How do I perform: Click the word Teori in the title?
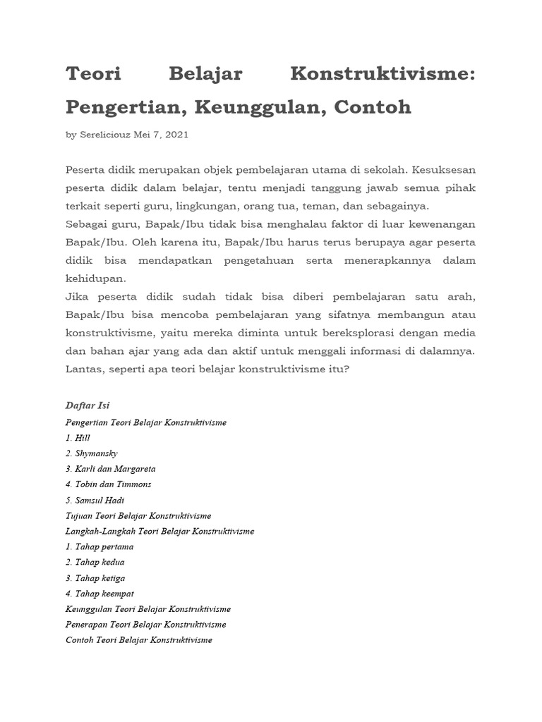93,75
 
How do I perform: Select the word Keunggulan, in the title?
253,108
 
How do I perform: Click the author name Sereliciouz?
104,135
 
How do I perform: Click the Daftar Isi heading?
88,405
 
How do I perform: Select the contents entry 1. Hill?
78,438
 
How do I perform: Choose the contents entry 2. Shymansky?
92,453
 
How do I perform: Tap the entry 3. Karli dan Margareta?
110,469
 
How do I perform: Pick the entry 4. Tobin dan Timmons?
108,484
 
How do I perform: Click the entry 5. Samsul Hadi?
95,500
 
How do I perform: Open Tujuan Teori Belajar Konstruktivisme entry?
138,515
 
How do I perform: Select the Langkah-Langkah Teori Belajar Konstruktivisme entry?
159,531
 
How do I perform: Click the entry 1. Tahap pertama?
100,546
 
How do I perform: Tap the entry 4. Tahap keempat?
100,594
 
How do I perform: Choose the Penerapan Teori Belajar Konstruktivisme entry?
145,625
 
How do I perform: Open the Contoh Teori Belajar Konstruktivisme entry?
138,640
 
